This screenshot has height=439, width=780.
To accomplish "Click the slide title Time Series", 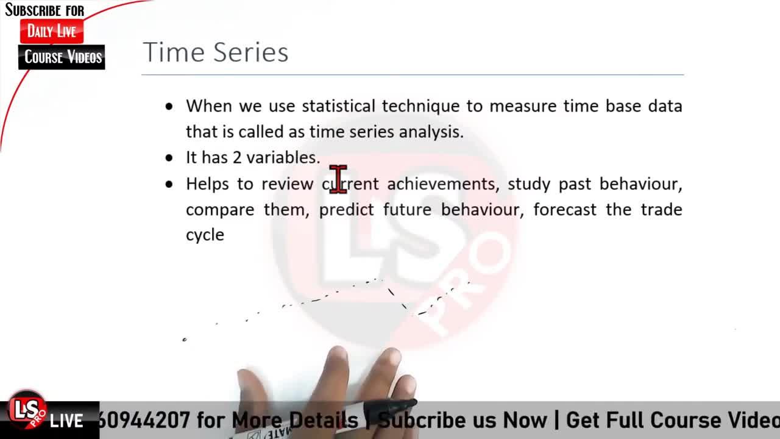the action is (x=216, y=52).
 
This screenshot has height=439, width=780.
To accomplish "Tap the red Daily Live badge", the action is (x=52, y=31).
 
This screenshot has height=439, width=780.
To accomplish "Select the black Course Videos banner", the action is (x=62, y=57).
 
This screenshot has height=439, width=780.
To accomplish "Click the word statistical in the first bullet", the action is (x=338, y=106).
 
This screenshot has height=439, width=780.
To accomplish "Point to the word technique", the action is (x=420, y=107).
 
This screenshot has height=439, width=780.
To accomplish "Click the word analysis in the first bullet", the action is (x=431, y=132).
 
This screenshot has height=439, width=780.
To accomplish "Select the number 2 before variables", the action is (x=237, y=157).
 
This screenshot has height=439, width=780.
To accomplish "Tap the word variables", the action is (x=283, y=157).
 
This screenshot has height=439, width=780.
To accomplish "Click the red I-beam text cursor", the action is (x=338, y=179).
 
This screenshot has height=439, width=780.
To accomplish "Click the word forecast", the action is (x=565, y=210).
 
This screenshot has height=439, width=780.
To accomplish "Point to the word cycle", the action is (x=205, y=235).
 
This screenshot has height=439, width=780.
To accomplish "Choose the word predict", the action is (x=347, y=210).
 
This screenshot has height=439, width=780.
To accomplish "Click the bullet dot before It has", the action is (x=169, y=158).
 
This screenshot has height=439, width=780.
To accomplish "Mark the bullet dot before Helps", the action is (x=169, y=184).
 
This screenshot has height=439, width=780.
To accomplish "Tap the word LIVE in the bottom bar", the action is (x=66, y=421).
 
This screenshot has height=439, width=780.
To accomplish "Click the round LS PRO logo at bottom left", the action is (x=27, y=410).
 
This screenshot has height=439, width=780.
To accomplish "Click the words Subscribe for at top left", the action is (x=44, y=10).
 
